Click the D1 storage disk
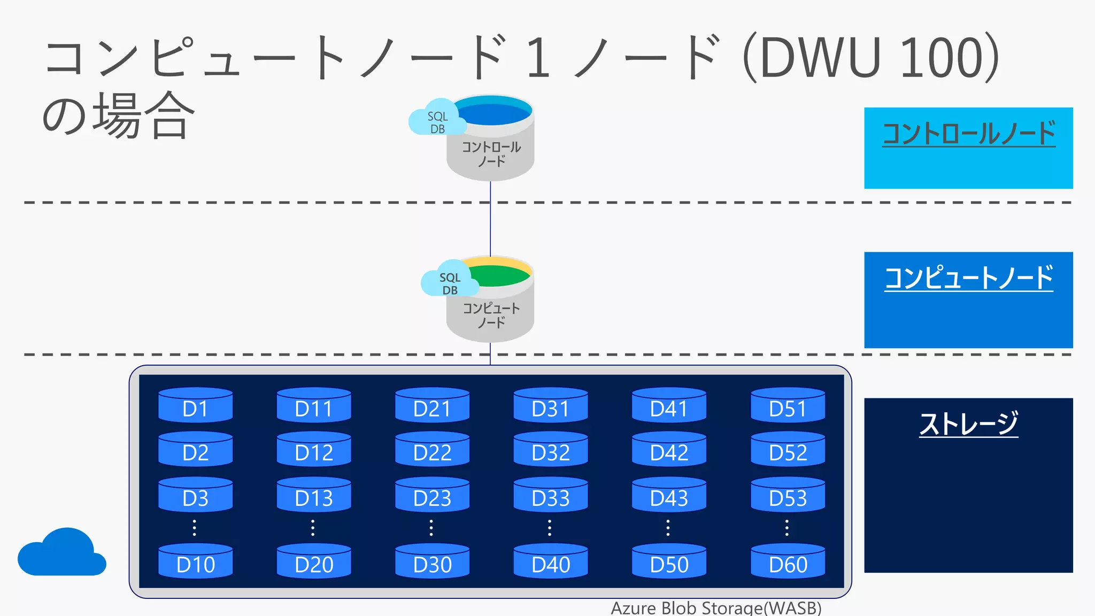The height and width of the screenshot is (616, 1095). click(x=195, y=405)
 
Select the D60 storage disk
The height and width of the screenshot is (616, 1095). click(x=788, y=561)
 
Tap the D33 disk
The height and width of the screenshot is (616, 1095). click(x=551, y=495)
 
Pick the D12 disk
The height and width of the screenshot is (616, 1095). click(x=314, y=450)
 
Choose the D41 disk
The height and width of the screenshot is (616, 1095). click(x=669, y=405)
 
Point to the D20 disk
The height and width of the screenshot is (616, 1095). click(x=314, y=561)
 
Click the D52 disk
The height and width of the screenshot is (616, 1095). click(x=788, y=450)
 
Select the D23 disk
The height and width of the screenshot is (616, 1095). click(x=432, y=495)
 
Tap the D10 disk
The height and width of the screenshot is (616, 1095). click(x=195, y=561)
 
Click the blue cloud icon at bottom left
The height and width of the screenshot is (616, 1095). click(x=61, y=553)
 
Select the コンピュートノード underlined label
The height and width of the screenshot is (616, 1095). click(x=968, y=278)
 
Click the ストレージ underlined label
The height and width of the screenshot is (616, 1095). click(x=968, y=423)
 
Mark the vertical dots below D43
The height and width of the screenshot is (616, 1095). click(x=668, y=528)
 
